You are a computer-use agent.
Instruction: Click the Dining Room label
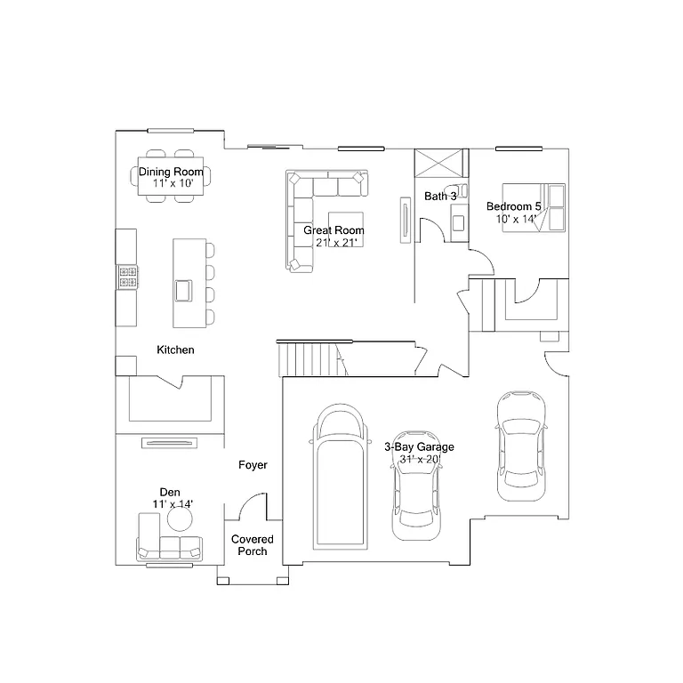(171, 172)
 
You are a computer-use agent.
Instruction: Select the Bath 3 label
(440, 196)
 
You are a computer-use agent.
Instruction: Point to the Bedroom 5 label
(513, 206)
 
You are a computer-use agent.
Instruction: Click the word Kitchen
(175, 350)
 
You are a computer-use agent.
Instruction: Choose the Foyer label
(253, 465)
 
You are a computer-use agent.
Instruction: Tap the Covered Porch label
(253, 545)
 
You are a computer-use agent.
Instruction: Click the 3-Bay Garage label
(419, 447)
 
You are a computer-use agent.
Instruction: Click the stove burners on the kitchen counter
(127, 277)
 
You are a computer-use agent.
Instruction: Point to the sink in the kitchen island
(184, 290)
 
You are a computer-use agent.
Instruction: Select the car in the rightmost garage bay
(520, 445)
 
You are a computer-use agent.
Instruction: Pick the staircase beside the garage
(310, 360)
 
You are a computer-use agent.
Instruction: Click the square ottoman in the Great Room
(346, 224)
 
